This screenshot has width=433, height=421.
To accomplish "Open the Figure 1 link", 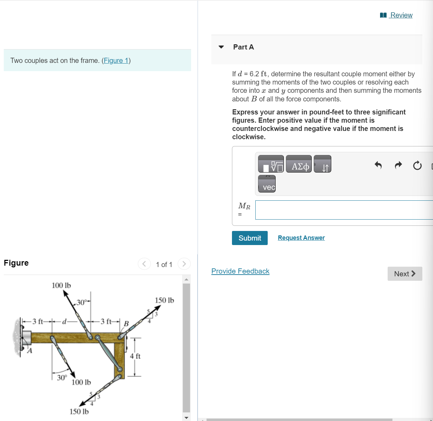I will pos(116,60).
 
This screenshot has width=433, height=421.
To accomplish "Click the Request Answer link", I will pos(301,238).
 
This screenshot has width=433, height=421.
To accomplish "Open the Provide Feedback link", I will pos(240,271).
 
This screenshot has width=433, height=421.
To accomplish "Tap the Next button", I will pos(404,274).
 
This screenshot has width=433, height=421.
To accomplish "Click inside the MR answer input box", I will pos(344,210).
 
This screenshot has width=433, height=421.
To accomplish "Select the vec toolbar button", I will pos(267,184).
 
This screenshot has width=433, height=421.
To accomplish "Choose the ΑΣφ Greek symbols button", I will pos(299,164).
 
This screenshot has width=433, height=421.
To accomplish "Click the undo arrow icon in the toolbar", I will pos(378,165).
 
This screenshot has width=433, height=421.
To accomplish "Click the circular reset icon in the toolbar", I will pos(417,166).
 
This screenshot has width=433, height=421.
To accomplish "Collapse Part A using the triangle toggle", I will pos(221,47).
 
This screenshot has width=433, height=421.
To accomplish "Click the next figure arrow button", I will pos(184,264).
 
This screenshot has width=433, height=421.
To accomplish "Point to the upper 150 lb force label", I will pos(164,300).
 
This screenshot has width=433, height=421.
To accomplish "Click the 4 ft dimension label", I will pos(135,356).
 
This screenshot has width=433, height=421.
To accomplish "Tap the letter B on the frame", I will pos(126,324).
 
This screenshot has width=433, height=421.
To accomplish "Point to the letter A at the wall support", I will pos(30,351).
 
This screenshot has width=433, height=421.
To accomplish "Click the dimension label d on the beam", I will pos(64,322).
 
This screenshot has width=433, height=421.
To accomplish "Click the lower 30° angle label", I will pos(62,378).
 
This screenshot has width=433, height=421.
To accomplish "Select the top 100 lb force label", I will pos(61,285).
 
